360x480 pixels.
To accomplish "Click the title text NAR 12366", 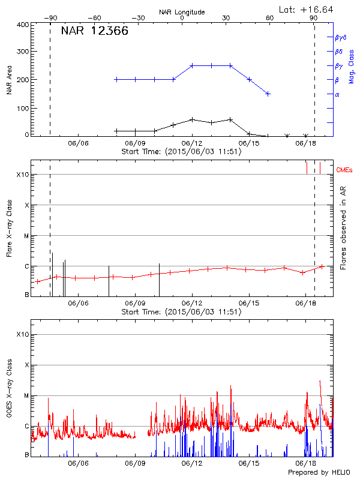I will tap(95, 32).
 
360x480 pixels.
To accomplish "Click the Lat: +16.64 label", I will tap(307, 9).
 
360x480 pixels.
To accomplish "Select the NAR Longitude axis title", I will tap(182, 12).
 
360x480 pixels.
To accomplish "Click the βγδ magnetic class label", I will tap(341, 37).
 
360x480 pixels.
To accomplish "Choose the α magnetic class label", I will tap(337, 94).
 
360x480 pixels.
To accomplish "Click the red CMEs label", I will tap(345, 171).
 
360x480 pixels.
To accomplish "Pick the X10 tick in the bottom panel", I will tap(22, 334).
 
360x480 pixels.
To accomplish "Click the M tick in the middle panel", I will tap(26, 236).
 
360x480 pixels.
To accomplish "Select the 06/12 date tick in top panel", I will tap(192, 143).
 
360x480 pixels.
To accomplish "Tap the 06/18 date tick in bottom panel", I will tap(307, 463).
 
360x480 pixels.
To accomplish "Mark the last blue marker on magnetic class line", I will tap(268, 94).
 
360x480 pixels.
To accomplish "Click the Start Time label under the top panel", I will tap(181, 152).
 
